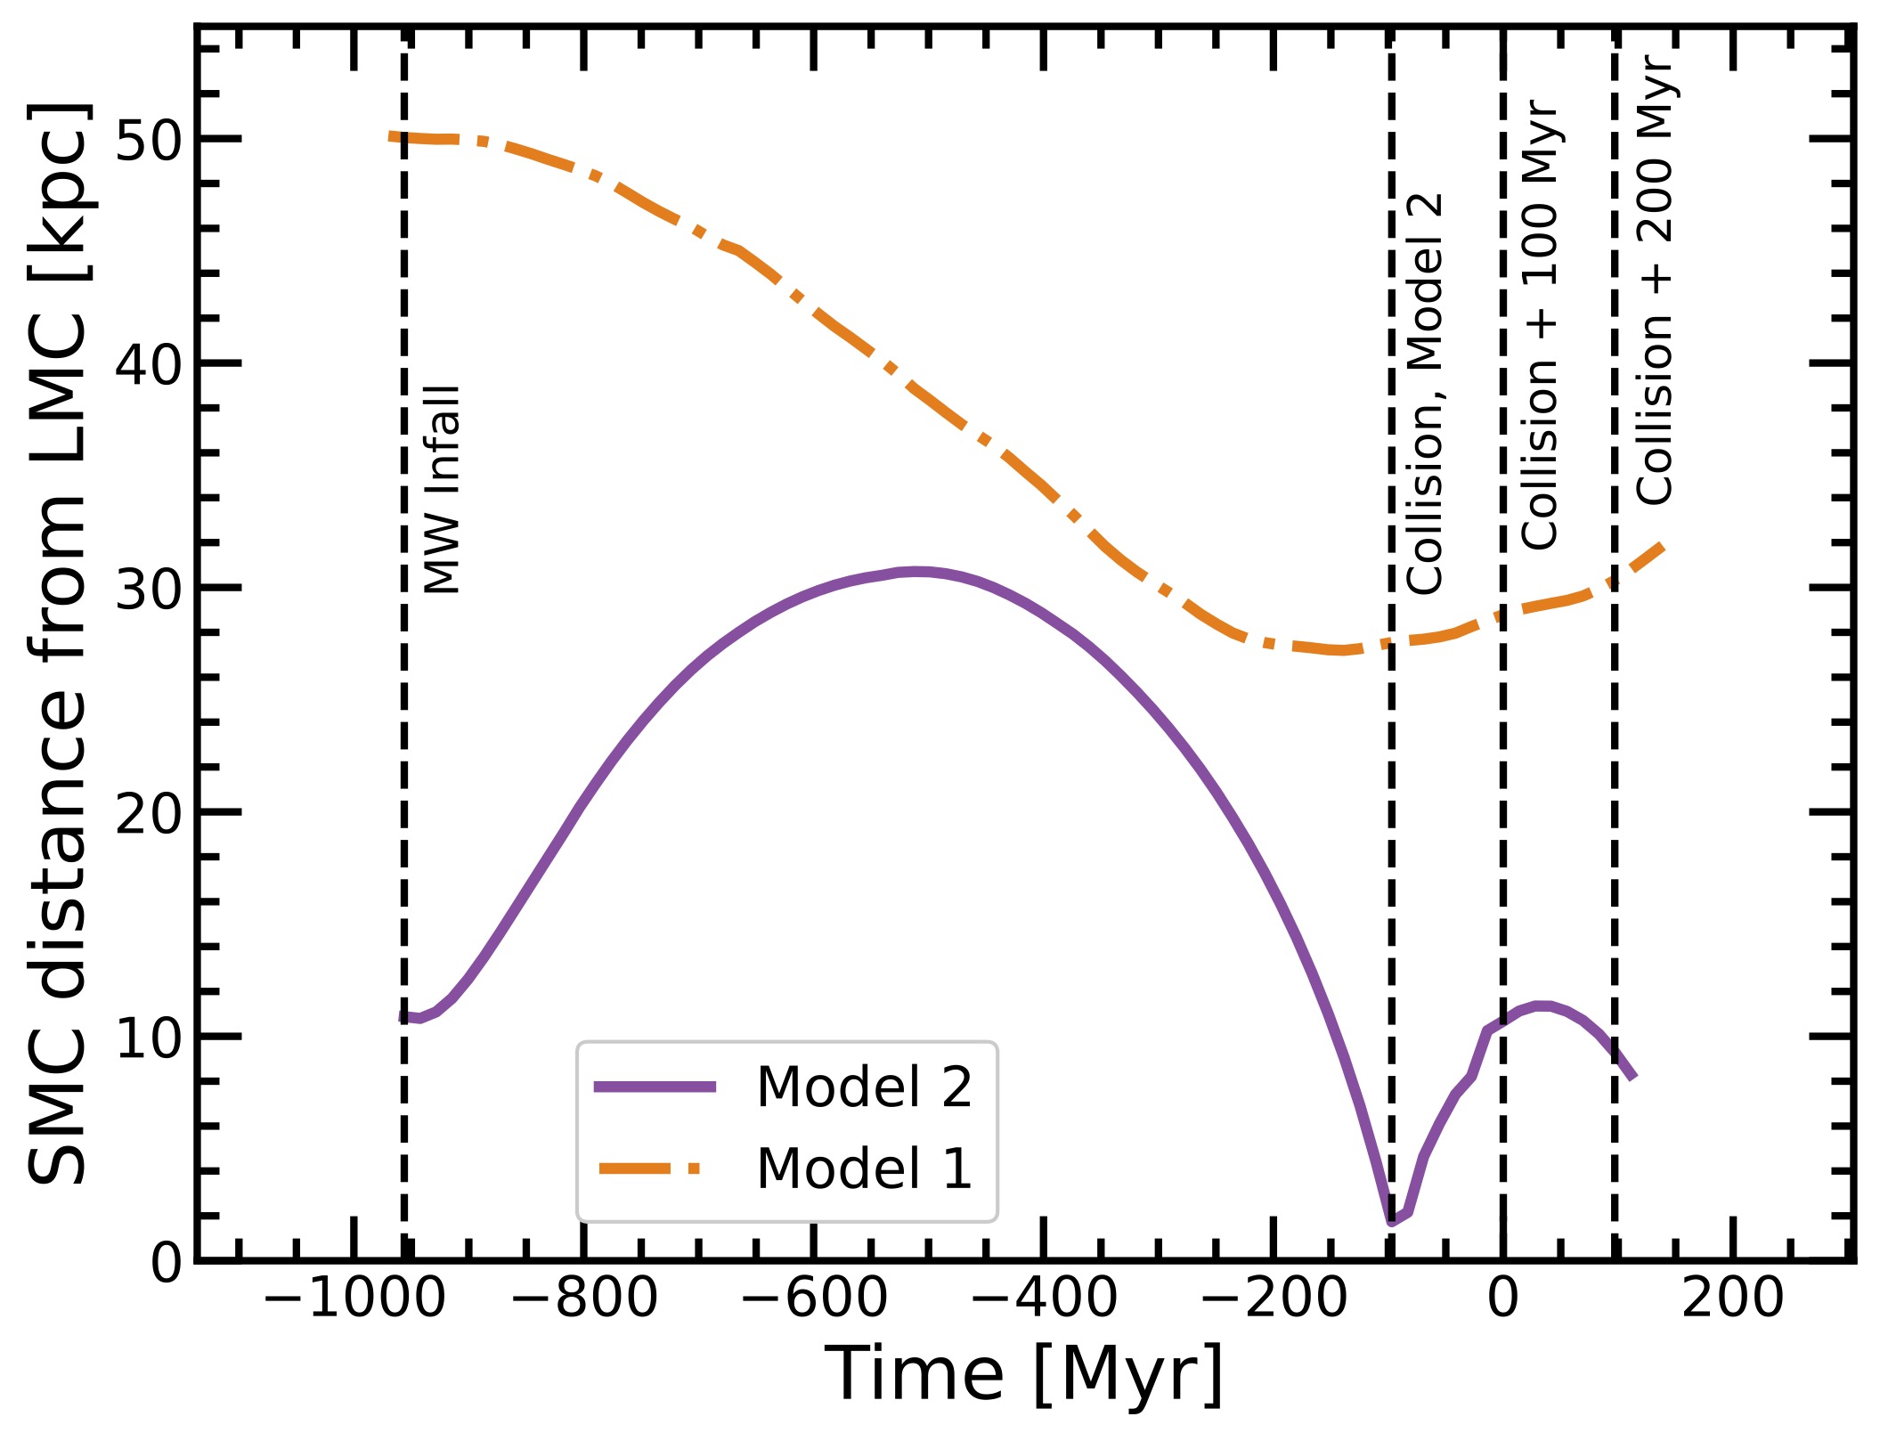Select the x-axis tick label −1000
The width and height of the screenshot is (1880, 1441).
coord(354,1298)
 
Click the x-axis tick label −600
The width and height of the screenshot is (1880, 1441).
coord(813,1298)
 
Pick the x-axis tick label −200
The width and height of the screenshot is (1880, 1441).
coord(1274,1298)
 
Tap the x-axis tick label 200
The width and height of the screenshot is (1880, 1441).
coord(1732,1298)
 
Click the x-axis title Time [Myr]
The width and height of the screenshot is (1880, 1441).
coord(1024,1375)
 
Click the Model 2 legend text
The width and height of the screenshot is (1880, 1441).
coord(864,1087)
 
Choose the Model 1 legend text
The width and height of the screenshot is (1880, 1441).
coord(864,1168)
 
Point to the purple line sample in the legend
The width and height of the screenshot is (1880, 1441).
coord(655,1086)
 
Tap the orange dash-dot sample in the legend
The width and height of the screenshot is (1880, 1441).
coord(655,1168)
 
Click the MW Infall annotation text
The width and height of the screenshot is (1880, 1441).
coord(443,489)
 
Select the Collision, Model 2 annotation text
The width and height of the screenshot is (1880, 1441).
coord(1425,393)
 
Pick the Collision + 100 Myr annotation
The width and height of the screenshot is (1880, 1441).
coord(1540,325)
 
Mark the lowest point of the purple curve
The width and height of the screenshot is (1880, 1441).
coord(1392,1221)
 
